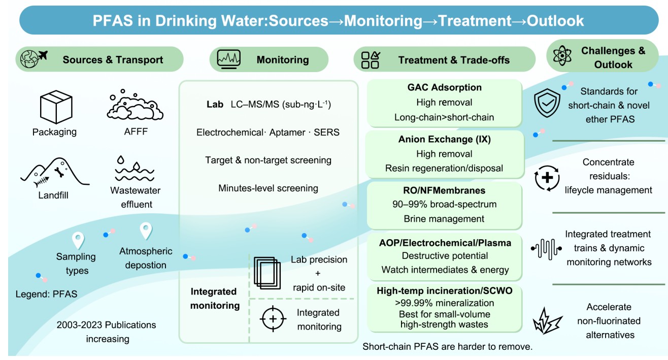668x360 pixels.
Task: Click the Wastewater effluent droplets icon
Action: pos(135,169)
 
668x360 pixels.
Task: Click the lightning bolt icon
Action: pos(547,319)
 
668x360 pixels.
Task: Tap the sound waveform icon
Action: pos(546,249)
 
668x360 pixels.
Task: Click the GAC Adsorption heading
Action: pos(444,87)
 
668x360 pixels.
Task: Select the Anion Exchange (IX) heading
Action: pos(444,139)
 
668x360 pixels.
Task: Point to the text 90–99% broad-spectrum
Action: pos(444,205)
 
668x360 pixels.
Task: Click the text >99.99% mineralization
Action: pos(444,303)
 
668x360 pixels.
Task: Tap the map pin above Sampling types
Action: pos(78,239)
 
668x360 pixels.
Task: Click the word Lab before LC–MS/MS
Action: pos(214,104)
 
